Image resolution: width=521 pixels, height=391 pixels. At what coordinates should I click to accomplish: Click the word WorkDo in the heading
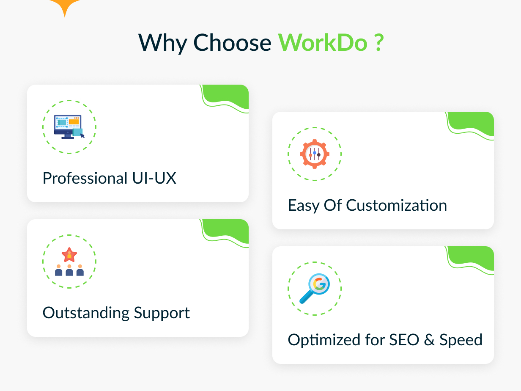(323, 43)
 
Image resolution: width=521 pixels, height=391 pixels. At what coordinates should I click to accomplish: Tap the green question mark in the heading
(379, 42)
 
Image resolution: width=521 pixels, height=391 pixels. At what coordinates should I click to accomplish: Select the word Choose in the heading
(232, 43)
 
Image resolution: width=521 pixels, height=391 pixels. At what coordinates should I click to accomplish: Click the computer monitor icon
(69, 127)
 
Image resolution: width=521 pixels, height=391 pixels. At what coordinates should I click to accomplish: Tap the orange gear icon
(315, 154)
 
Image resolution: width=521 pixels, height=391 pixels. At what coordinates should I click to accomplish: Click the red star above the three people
(69, 255)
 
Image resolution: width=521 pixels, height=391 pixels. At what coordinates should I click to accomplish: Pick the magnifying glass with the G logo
(315, 289)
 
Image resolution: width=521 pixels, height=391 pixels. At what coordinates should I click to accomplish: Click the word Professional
(85, 178)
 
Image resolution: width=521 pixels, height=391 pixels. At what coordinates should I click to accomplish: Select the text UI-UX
(154, 178)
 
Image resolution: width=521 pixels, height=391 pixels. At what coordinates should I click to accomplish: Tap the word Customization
(396, 205)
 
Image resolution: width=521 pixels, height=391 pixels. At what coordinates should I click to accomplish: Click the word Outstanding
(86, 313)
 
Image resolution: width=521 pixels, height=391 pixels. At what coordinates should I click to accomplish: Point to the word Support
(162, 314)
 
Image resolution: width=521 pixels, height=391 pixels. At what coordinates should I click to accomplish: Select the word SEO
(404, 340)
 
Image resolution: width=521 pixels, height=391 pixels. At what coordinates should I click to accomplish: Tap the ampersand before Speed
(429, 340)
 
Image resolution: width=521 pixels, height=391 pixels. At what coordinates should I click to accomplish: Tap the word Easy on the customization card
(304, 206)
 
